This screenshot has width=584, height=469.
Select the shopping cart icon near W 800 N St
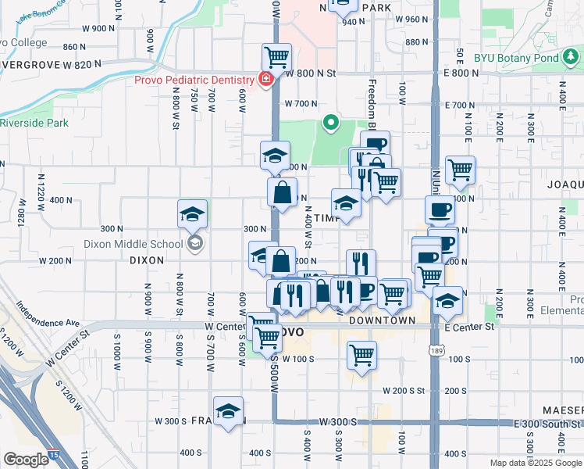(276, 56)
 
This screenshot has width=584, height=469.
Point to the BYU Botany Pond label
(539, 58)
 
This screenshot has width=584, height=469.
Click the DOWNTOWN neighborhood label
(382, 320)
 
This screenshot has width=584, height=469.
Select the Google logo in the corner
(26, 460)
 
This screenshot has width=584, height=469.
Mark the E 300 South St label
(547, 423)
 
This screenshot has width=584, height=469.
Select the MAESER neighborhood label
(563, 410)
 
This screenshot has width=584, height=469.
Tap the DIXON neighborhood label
(147, 260)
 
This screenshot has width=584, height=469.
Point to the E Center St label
(469, 327)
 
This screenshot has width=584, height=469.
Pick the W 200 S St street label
(404, 390)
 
